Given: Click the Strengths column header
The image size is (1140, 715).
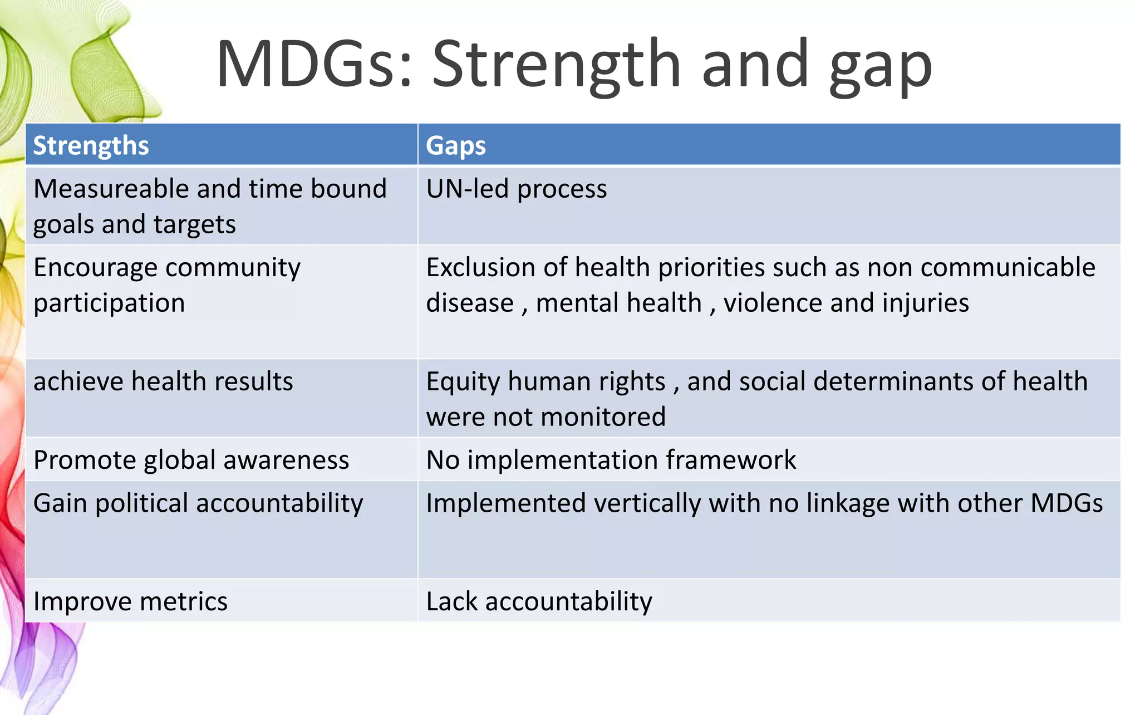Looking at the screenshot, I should [91, 146].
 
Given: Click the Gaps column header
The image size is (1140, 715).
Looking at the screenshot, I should [455, 146].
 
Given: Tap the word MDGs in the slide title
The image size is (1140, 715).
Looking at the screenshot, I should [313, 64].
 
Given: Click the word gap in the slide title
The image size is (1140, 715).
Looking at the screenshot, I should [880, 66].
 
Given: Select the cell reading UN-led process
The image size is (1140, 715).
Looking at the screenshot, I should [516, 189].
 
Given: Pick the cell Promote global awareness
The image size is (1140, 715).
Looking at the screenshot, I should [191, 461].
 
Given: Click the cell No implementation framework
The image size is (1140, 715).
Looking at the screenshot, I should [611, 461].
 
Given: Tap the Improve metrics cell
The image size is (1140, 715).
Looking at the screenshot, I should [130, 602].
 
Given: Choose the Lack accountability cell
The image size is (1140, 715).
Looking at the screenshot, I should [539, 602].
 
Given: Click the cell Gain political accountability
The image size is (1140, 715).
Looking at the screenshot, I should [198, 503].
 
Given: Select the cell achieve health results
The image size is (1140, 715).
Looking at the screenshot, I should [163, 382].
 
